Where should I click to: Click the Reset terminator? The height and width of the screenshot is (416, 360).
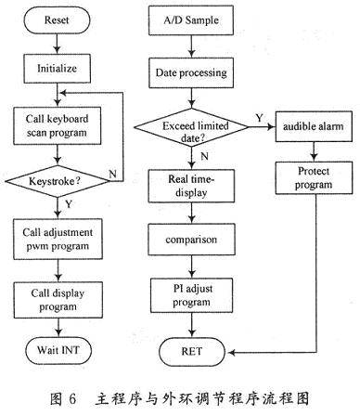[58, 20]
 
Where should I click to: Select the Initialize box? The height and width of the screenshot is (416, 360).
[58, 69]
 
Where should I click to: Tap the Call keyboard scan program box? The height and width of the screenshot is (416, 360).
[58, 125]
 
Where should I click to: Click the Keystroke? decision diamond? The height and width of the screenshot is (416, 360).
[58, 181]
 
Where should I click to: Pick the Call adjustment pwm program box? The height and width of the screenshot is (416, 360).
[58, 239]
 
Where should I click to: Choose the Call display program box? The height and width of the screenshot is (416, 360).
[58, 300]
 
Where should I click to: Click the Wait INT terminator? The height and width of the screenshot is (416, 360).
[58, 351]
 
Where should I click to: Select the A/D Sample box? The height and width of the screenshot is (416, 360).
[191, 20]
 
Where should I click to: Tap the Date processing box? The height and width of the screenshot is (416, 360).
[191, 73]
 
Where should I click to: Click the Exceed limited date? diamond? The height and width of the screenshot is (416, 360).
[192, 127]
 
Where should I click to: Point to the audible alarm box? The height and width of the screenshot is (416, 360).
[314, 126]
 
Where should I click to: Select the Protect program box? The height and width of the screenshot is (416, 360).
[314, 178]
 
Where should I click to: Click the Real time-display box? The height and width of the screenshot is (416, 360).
[191, 186]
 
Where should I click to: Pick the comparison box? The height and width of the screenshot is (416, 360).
[191, 240]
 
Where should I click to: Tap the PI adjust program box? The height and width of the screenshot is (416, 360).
[192, 295]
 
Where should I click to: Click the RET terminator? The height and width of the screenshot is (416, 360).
[192, 352]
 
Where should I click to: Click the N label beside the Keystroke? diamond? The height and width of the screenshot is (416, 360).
[112, 175]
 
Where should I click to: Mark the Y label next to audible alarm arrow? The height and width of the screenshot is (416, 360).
[259, 118]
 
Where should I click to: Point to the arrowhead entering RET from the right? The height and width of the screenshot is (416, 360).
[231, 352]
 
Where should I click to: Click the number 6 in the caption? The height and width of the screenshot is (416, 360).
[72, 398]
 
